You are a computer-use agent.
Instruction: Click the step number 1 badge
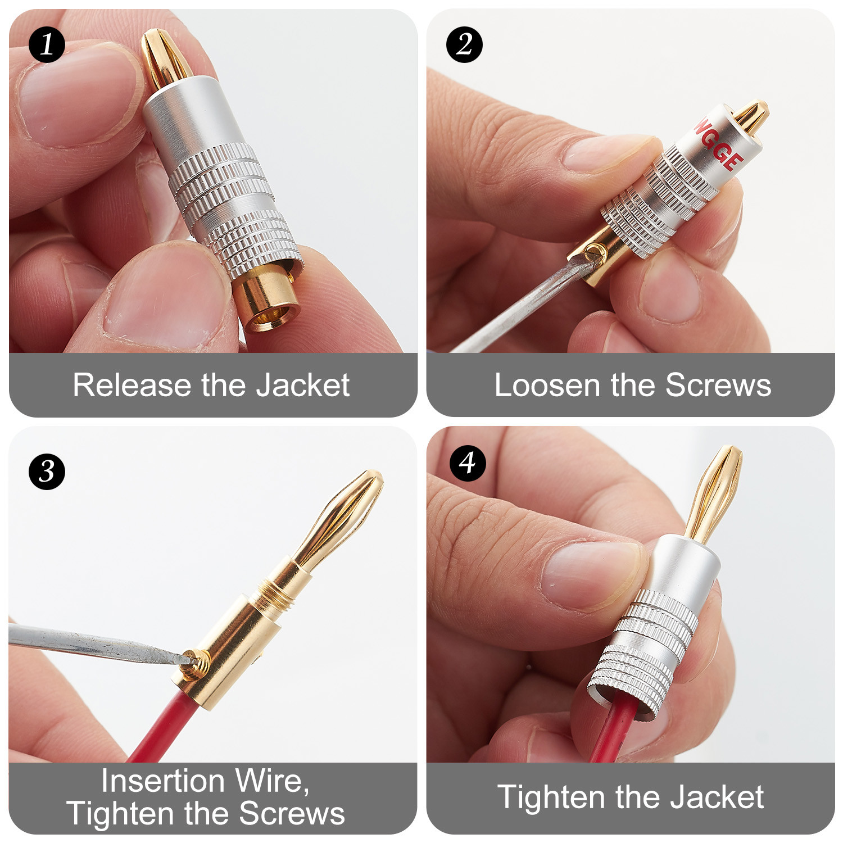(x=47, y=44)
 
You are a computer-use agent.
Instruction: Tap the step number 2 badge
(x=464, y=44)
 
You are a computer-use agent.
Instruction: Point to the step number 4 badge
(x=468, y=463)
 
